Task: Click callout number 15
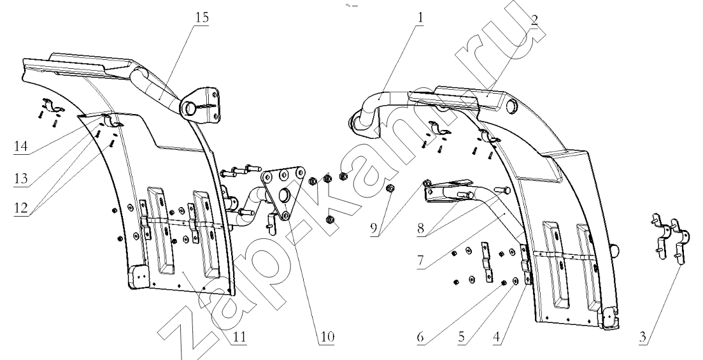(x=202, y=17)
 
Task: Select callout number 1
(x=419, y=18)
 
